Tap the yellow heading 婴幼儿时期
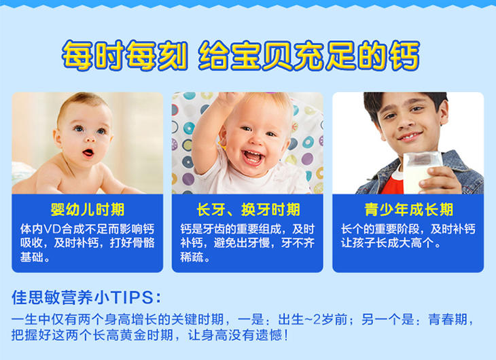(88, 210)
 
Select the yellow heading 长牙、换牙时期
(248, 210)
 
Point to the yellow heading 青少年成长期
(409, 210)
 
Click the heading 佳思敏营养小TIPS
(86, 298)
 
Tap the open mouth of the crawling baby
(88, 153)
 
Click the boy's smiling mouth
(410, 136)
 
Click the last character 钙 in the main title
(404, 56)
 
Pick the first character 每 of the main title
(77, 56)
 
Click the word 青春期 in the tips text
(448, 319)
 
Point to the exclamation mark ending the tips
(286, 336)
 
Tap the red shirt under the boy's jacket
(392, 185)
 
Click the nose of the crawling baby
(90, 139)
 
